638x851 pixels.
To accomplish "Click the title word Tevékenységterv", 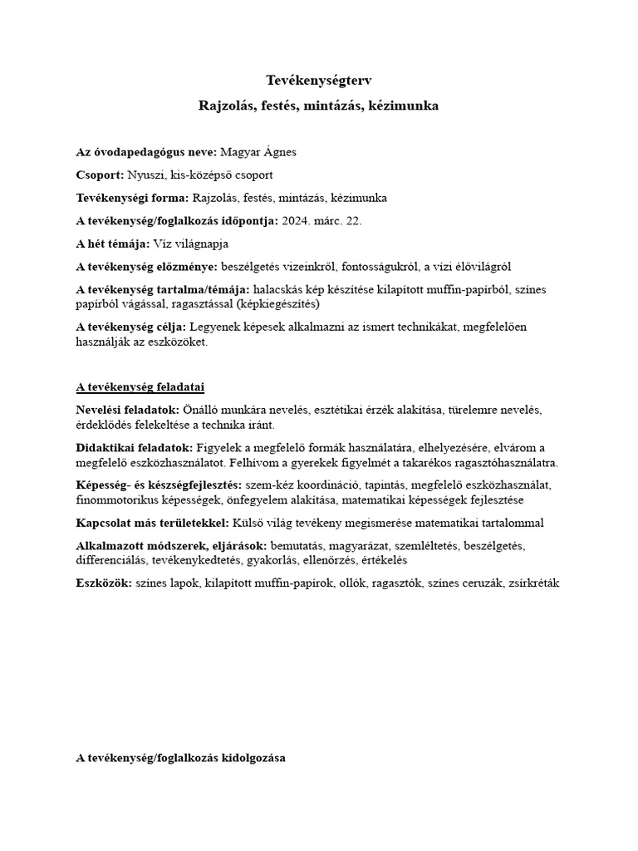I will pyautogui.click(x=318, y=81).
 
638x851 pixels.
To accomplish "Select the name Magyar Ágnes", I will pyautogui.click(x=258, y=153).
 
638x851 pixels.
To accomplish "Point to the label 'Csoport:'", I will pyautogui.click(x=100, y=175).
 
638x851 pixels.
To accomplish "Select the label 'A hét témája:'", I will pyautogui.click(x=113, y=243).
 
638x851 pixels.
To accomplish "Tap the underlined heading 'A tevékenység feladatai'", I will pyautogui.click(x=140, y=387).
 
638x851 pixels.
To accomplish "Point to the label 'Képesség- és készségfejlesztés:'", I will pyautogui.click(x=159, y=485).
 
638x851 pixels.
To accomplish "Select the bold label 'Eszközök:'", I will pyautogui.click(x=103, y=583).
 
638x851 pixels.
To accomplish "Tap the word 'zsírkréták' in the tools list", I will pyautogui.click(x=532, y=583).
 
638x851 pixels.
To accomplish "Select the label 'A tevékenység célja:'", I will pyautogui.click(x=131, y=327).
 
